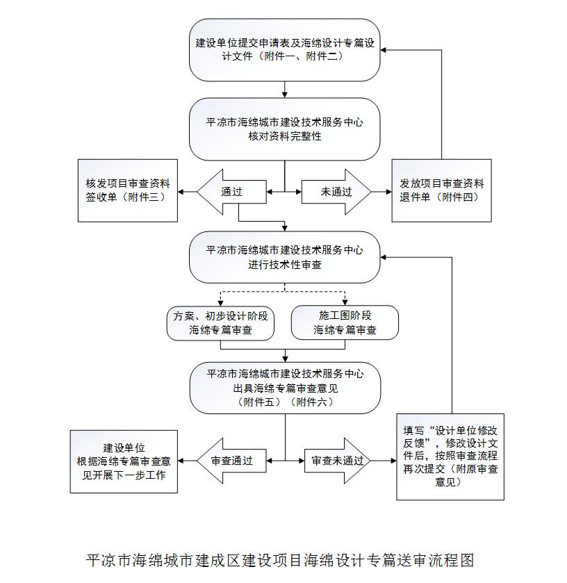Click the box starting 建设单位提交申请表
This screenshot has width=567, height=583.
tap(284, 50)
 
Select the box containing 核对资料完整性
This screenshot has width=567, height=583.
tap(284, 129)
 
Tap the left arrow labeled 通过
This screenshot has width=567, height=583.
tap(231, 192)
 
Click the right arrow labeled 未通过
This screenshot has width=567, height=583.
tap(336, 192)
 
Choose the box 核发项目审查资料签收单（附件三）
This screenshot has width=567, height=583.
tap(128, 190)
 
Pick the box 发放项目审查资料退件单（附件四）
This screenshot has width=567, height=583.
tap(442, 190)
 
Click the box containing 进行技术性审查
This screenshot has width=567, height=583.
tap(284, 257)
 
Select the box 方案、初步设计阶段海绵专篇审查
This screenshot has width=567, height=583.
tap(220, 323)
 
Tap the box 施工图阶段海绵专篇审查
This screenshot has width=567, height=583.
tap(345, 322)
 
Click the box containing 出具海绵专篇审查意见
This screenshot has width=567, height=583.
tap(285, 388)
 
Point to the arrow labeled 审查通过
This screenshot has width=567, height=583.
tap(231, 461)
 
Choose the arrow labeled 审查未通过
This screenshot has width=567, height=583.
tap(338, 461)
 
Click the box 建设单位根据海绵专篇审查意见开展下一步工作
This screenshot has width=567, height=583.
tap(124, 462)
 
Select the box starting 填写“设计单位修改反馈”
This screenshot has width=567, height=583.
tap(450, 457)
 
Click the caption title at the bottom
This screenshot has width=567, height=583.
tap(280, 560)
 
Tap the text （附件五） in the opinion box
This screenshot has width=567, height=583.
tap(259, 402)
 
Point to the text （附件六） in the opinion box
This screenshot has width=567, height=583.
tap(311, 402)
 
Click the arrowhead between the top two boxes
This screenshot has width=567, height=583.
tap(285, 95)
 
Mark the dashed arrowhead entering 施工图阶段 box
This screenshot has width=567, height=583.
tap(345, 303)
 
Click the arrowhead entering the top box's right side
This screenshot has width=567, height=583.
tap(384, 50)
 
